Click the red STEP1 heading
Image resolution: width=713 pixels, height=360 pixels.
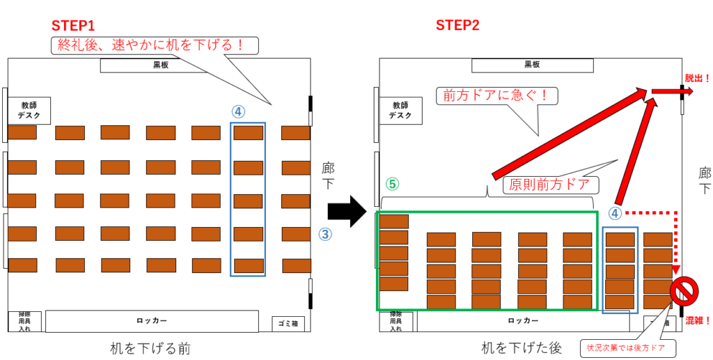point(73,26)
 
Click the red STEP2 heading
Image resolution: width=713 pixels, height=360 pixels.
point(457,26)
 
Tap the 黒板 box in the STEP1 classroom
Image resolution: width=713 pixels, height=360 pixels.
point(161,65)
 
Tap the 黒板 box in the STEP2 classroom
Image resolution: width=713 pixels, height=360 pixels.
point(532,65)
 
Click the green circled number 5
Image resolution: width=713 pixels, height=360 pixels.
point(392,185)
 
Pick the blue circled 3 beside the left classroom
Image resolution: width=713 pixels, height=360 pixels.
point(324,234)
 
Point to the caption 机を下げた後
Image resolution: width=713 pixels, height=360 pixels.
point(522,347)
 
